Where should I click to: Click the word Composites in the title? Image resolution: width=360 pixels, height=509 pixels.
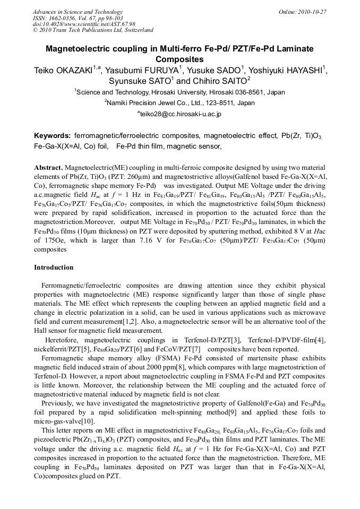[x=179, y=59]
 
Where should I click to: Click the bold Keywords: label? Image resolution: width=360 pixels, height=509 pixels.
[x=53, y=136]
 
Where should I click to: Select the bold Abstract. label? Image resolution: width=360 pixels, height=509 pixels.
[x=48, y=167]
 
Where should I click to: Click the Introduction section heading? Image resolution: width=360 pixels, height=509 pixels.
[x=54, y=268]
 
